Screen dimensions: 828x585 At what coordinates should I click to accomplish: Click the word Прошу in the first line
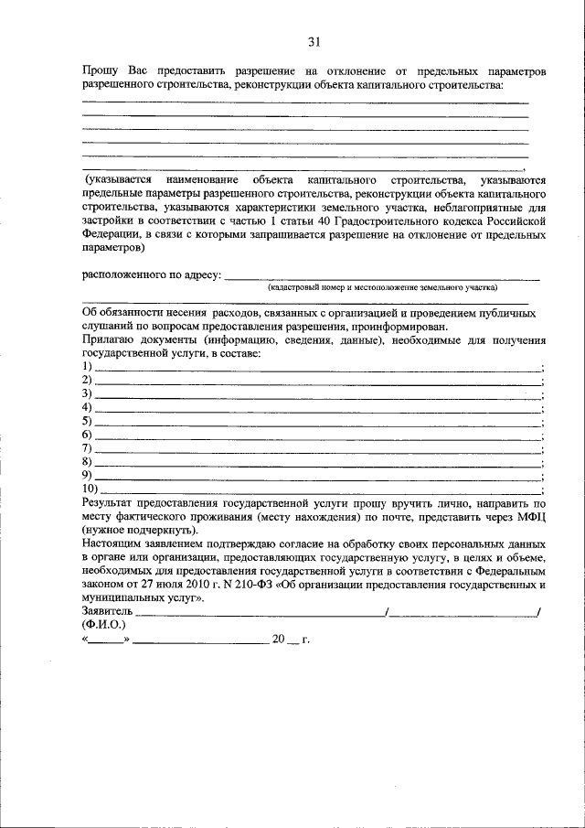pos(98,70)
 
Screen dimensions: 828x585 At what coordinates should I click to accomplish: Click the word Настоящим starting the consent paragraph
pos(114,543)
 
